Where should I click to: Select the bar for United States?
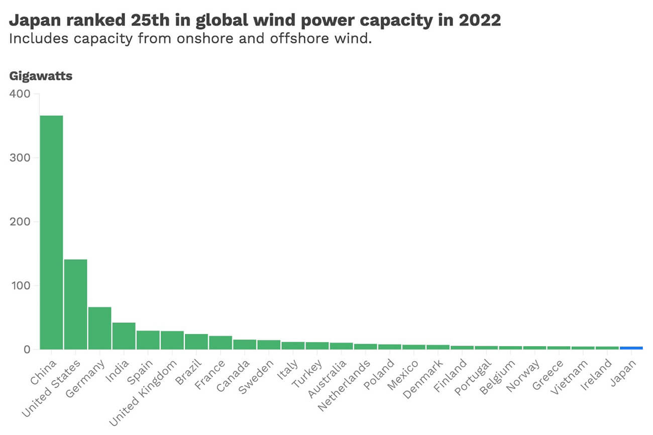point(75,304)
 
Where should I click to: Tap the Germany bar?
point(99,328)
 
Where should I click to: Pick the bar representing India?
point(124,335)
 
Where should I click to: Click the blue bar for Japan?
point(631,347)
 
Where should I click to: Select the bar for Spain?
point(148,339)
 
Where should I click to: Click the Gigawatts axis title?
point(41,76)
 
